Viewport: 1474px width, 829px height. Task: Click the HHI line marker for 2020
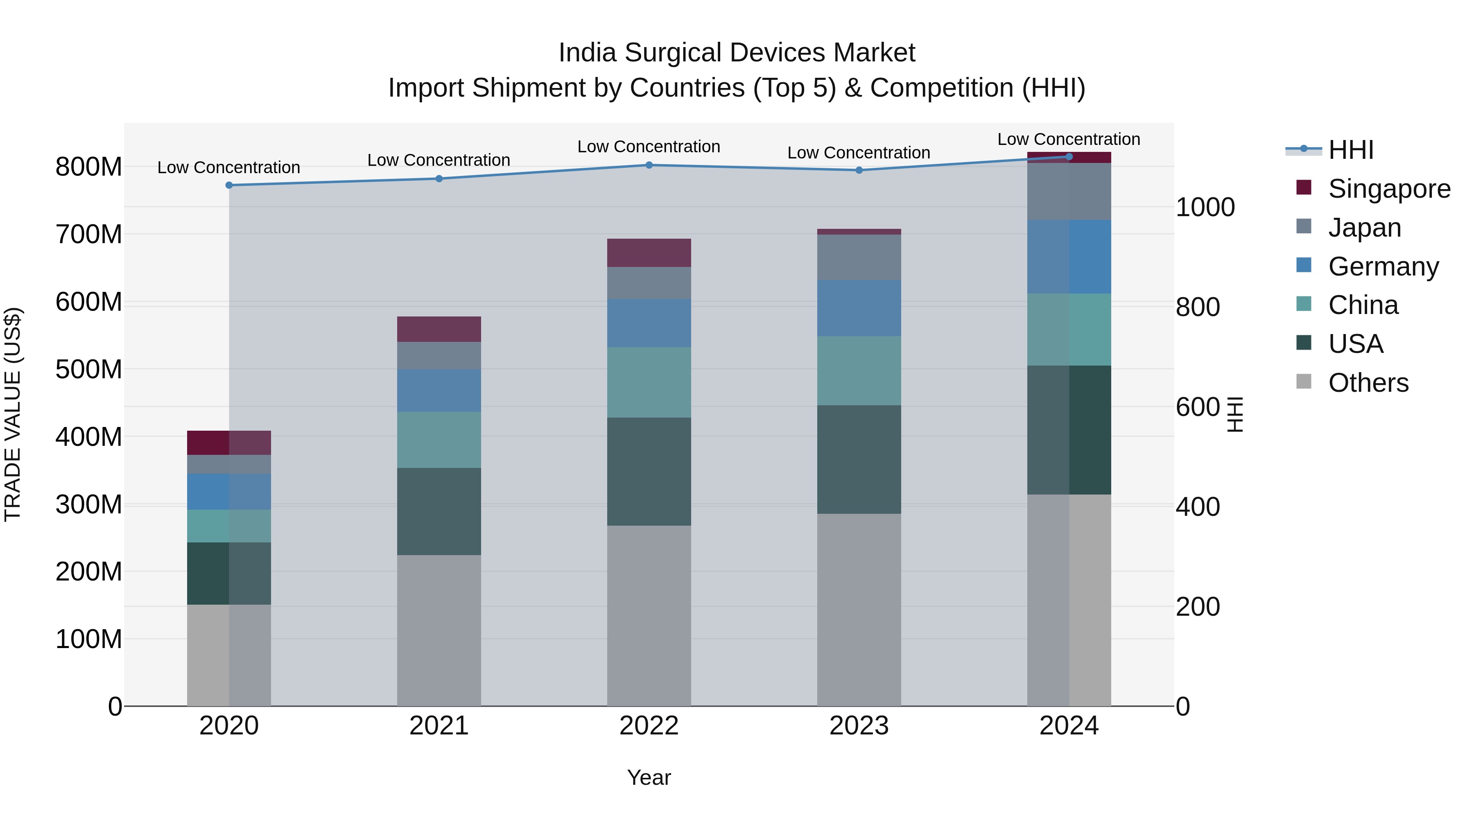[229, 185]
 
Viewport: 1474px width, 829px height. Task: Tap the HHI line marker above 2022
[649, 165]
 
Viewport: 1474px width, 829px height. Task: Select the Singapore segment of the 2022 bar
[649, 253]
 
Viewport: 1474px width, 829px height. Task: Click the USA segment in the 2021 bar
[439, 511]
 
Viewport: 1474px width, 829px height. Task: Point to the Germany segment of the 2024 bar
[1069, 257]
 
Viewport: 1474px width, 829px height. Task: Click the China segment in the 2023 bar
[859, 371]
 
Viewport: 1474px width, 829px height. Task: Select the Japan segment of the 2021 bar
[439, 355]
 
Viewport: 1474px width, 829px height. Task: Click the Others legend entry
[1368, 383]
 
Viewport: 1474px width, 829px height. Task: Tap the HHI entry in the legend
[1350, 150]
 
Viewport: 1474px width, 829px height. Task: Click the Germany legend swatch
[1304, 265]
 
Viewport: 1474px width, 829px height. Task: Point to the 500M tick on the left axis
[89, 370]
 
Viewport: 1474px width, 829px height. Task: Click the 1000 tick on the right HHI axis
[1205, 207]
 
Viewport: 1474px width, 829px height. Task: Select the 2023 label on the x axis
[859, 726]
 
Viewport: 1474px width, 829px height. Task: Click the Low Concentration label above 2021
[439, 160]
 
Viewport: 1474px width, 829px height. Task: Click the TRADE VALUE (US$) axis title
[13, 414]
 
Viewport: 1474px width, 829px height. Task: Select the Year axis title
[649, 777]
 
